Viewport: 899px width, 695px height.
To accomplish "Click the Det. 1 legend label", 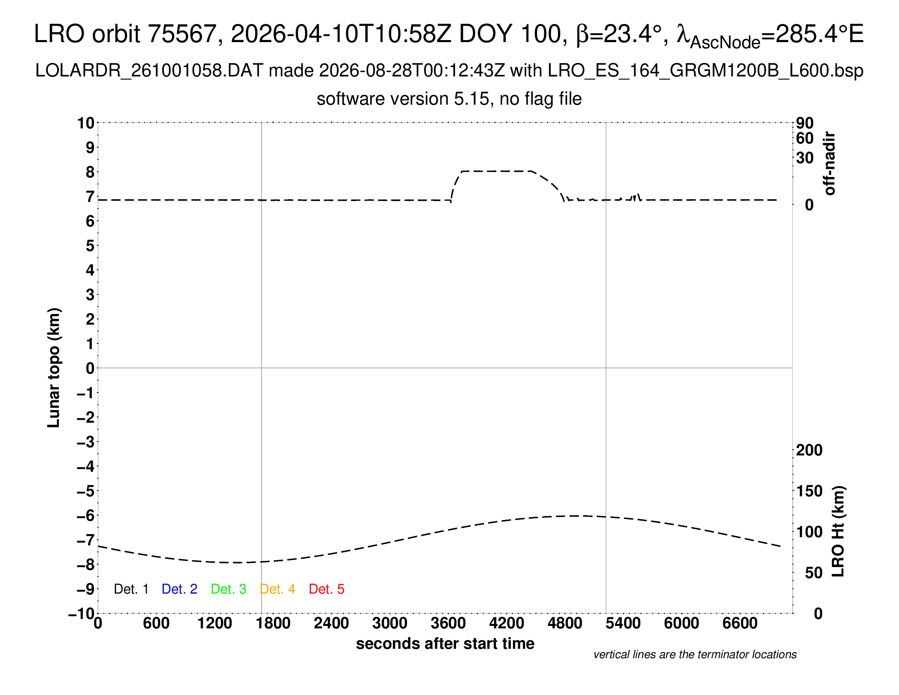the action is coord(131,589).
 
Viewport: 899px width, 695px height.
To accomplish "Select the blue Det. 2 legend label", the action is coord(179,589).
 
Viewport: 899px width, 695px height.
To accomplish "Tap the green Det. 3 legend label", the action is coord(228,589).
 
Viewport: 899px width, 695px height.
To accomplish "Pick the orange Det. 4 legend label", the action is coord(277,589).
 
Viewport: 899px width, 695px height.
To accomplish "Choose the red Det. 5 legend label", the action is coord(327,589).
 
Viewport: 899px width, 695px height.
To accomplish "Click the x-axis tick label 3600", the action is coord(448,623).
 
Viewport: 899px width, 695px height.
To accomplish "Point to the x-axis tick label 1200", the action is coord(215,623).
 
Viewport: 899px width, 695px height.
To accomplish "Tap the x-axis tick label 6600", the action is coord(740,623).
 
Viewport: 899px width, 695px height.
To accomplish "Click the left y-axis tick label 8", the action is coord(90,172).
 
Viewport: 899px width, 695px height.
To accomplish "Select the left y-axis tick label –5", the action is coord(86,491).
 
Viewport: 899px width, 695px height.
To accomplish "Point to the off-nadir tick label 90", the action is coord(805,123).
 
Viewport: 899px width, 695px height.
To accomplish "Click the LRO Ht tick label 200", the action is coord(809,450).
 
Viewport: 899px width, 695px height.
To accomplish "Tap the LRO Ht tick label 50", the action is coord(813,573).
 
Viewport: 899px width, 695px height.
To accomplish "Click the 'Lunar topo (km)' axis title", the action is coord(54,368).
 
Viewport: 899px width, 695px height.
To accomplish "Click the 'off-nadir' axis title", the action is coord(830,164).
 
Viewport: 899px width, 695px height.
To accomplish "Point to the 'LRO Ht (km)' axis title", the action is coord(838,531).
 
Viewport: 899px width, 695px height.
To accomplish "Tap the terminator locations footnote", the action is coord(695,655).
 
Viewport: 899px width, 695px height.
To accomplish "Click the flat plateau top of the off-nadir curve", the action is coord(496,171).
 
